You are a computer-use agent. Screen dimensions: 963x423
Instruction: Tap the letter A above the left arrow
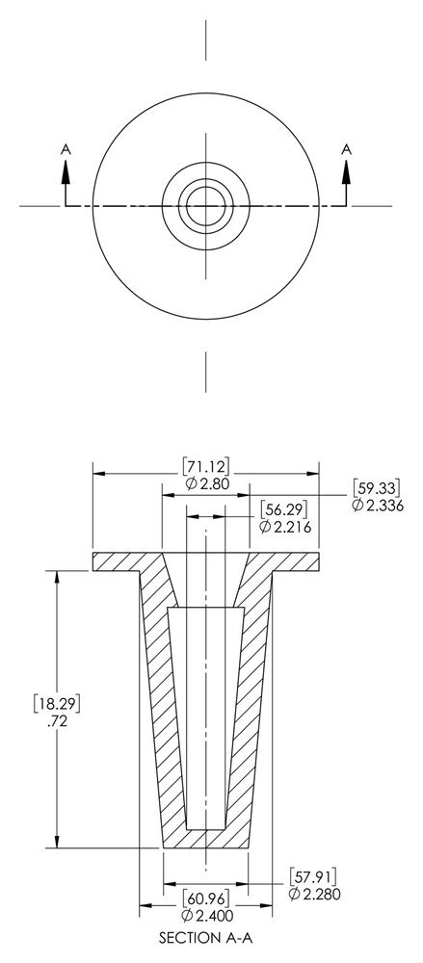66,148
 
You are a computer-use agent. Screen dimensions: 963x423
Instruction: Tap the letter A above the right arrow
345,148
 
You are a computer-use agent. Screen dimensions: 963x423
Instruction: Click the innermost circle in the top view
205,205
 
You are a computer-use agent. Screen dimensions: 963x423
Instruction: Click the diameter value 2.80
205,483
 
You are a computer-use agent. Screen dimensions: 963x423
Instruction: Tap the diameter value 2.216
283,526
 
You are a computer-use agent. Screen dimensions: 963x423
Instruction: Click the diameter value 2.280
314,895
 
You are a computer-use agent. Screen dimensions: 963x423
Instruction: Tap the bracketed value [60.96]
205,898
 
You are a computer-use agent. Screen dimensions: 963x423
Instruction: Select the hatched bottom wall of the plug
205,838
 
